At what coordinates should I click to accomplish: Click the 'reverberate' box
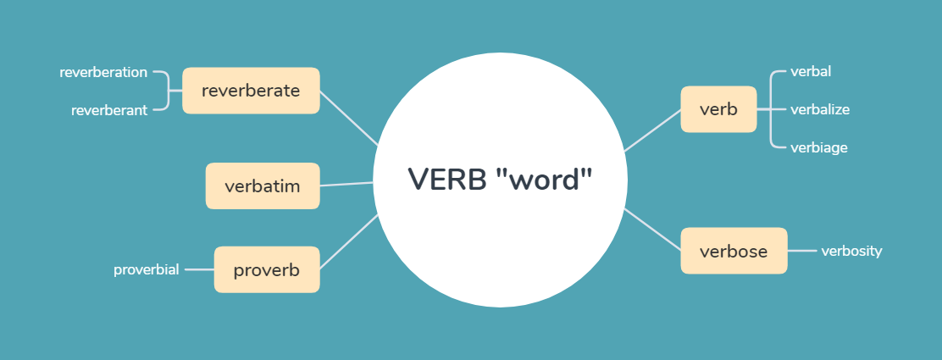251,91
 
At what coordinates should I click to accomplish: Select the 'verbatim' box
263,186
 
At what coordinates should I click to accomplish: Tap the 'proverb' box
267,269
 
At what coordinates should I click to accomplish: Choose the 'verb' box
718,109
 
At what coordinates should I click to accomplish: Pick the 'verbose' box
734,251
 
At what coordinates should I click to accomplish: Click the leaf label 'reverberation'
103,73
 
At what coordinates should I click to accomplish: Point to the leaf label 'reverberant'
109,110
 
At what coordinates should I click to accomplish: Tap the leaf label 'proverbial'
147,269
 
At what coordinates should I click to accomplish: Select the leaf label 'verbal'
811,71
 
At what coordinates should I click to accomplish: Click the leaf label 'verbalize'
819,109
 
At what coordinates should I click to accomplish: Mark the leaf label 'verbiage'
818,147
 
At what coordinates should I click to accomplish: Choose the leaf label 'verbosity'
851,251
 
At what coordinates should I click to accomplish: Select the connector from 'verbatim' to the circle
347,184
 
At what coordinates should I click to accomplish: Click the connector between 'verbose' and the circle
653,230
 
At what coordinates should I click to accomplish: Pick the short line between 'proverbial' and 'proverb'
199,269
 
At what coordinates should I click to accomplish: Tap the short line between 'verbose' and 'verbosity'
802,251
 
